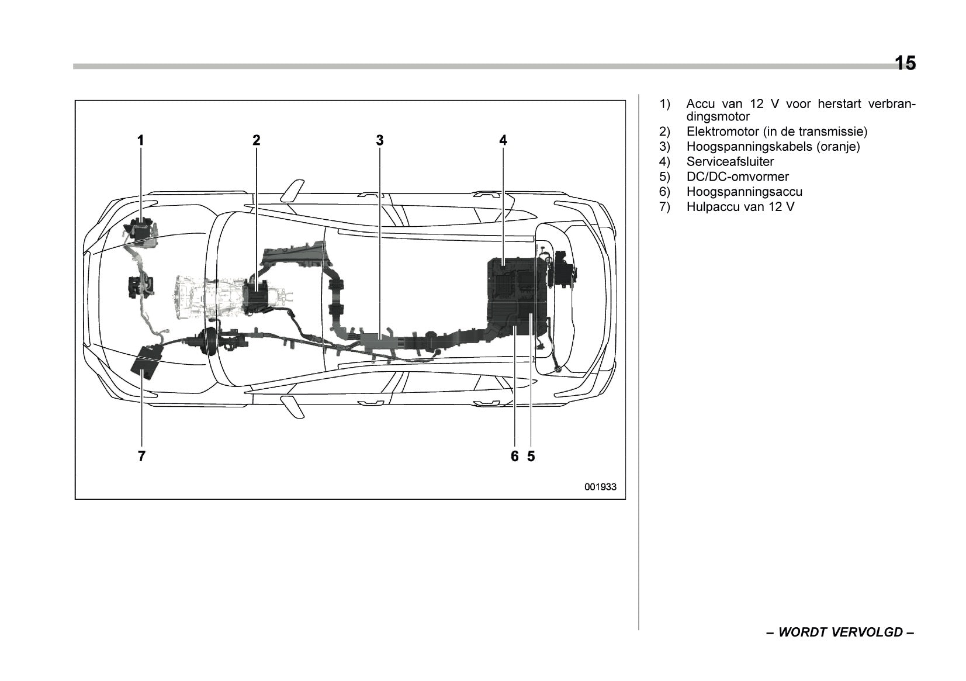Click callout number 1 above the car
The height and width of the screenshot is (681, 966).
[x=140, y=140]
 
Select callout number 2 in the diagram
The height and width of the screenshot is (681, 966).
[x=256, y=140]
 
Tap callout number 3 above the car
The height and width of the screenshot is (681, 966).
[x=380, y=140]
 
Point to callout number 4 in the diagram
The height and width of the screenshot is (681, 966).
[x=503, y=140]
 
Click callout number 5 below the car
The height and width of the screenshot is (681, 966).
[x=531, y=457]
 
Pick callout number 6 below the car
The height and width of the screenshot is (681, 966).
[x=514, y=457]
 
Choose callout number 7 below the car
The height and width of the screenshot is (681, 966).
[x=141, y=457]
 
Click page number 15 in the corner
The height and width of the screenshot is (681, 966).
[x=905, y=63]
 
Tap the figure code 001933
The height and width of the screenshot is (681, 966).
[x=600, y=487]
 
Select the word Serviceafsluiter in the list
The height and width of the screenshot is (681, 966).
[x=730, y=162]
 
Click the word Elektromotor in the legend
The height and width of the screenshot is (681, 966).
[x=722, y=132]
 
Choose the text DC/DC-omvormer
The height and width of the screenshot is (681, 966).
[x=738, y=177]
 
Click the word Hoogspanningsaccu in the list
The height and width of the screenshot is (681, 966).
[x=744, y=192]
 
